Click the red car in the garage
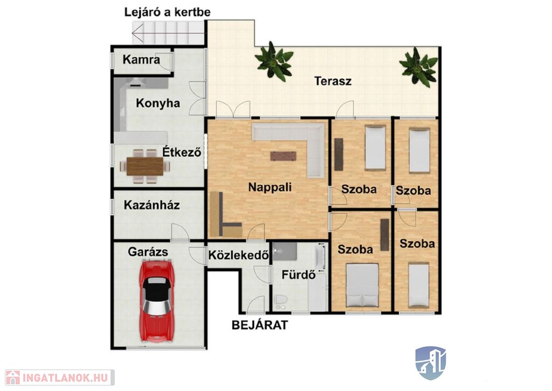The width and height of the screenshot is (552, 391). coord(157,300)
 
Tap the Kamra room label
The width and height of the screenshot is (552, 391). coord(141,59)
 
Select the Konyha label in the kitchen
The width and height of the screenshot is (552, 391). coord(158,103)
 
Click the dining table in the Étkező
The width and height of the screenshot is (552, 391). coord(144,166)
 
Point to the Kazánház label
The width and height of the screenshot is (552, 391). coord(151,205)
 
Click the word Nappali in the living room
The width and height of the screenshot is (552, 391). coord(270,187)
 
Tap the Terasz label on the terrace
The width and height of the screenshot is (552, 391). coord(333,81)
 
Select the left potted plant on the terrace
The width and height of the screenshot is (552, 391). coord(274,62)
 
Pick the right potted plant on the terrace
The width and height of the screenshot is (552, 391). coord(418,67)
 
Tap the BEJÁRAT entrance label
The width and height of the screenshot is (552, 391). coord(260,325)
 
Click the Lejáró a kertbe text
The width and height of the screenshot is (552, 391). coord(167,12)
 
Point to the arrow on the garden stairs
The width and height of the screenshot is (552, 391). coord(168,33)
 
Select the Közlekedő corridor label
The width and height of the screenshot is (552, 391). coord(238,255)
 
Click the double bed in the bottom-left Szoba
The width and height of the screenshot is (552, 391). coord(362,285)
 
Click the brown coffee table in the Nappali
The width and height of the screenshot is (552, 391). coord(284,156)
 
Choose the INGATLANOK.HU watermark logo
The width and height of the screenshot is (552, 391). coord(60,378)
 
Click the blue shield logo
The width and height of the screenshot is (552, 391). coord(431,363)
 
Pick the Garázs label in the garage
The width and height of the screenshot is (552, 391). coord(148,252)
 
